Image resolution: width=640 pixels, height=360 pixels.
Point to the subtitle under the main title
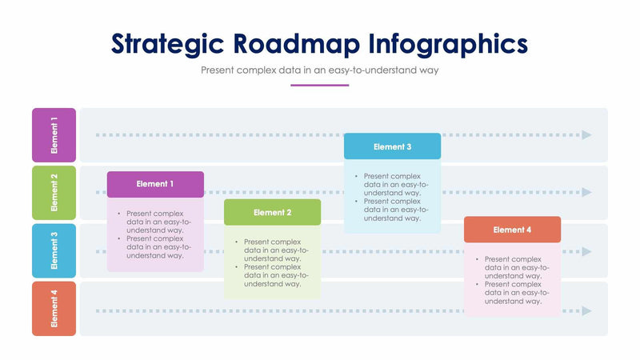[320, 70]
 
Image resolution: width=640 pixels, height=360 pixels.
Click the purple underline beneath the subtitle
[319, 85]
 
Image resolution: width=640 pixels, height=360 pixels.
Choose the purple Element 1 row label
[54, 135]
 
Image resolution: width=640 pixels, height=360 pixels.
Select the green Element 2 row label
[54, 193]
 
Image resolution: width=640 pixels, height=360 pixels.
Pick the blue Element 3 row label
[54, 250]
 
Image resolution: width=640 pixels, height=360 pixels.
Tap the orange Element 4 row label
[54, 309]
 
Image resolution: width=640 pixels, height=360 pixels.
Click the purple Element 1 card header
[155, 184]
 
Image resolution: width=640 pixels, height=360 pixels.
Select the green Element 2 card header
[272, 213]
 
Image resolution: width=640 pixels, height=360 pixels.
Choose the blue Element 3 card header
[392, 146]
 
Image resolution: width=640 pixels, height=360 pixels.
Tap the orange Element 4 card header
[512, 230]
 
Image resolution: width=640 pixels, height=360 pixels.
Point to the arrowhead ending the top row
[587, 135]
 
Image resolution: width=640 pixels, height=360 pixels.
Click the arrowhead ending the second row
[587, 193]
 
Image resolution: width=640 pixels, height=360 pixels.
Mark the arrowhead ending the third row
[587, 251]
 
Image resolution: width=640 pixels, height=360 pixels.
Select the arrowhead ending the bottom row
[587, 310]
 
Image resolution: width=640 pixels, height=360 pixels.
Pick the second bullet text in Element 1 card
[155, 246]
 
